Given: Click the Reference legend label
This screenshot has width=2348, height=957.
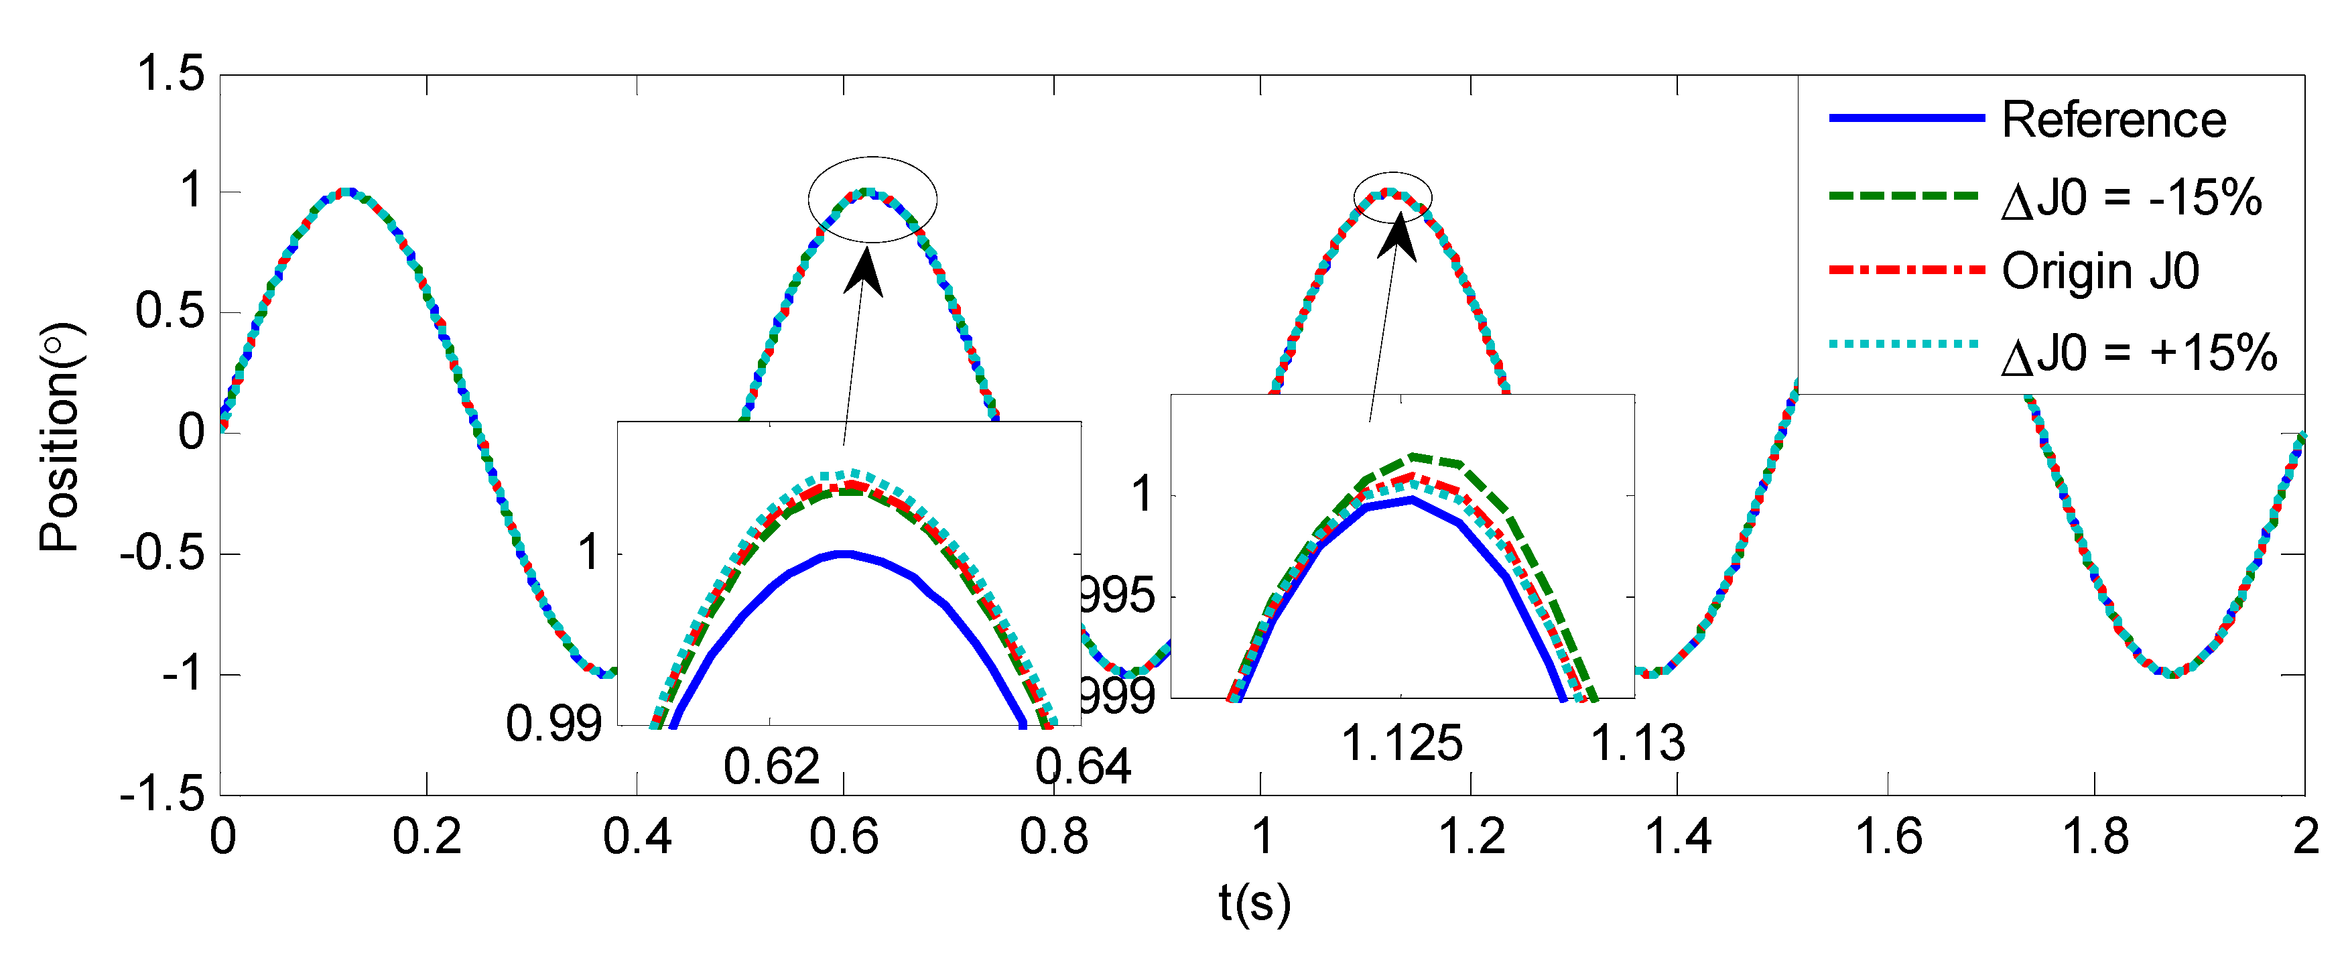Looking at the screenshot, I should pyautogui.click(x=2113, y=121).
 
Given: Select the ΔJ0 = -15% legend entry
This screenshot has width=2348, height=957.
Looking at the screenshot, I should pyautogui.click(x=2131, y=198).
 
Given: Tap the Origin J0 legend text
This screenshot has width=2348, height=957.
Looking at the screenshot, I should pyautogui.click(x=2100, y=271).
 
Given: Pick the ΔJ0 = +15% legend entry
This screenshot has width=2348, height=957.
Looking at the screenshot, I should pyautogui.click(x=2138, y=353).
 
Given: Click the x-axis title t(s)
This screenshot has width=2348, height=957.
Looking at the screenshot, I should pyautogui.click(x=1254, y=902).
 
